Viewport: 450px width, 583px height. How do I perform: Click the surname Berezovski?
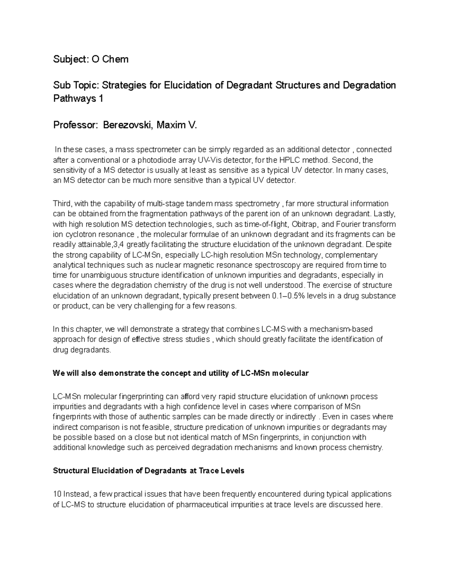pyautogui.click(x=127, y=125)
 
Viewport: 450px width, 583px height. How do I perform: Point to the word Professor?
pyautogui.click(x=74, y=125)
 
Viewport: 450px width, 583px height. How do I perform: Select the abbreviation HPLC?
pyautogui.click(x=294, y=160)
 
